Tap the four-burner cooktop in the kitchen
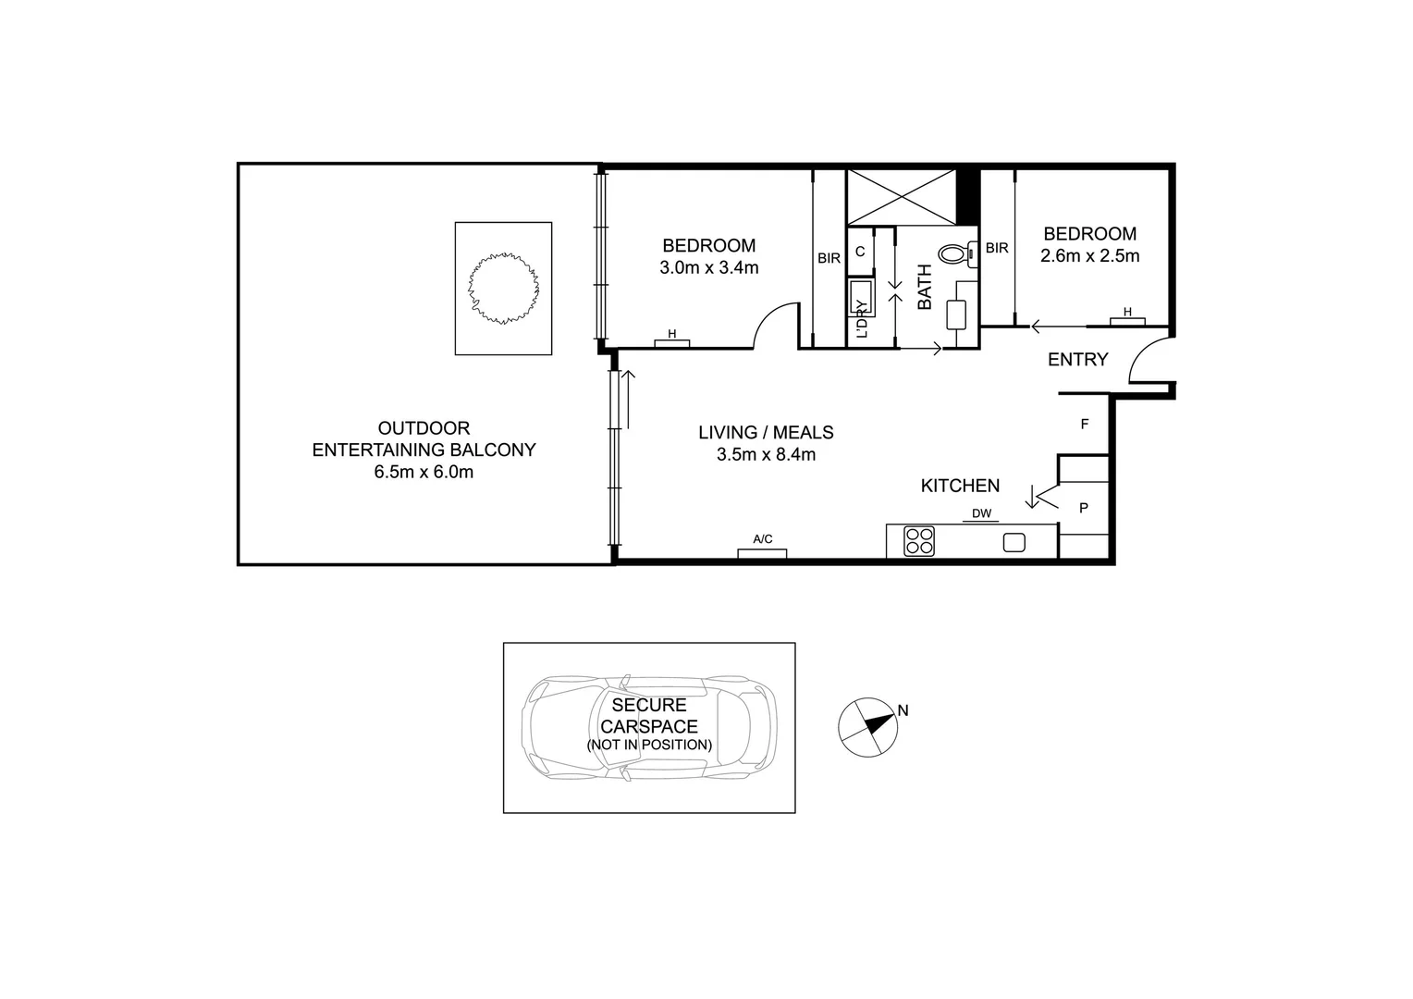918,541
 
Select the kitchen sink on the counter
1014,543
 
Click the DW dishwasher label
981,514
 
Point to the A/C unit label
762,539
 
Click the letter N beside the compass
903,710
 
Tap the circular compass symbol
867,727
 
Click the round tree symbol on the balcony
503,289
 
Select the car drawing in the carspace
648,727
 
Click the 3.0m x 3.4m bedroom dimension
708,268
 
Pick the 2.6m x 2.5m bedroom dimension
1089,256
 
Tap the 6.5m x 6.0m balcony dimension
424,473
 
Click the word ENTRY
1077,360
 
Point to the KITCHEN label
960,486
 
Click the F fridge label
1085,425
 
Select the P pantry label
1084,508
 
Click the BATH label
925,287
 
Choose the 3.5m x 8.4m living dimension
766,454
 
